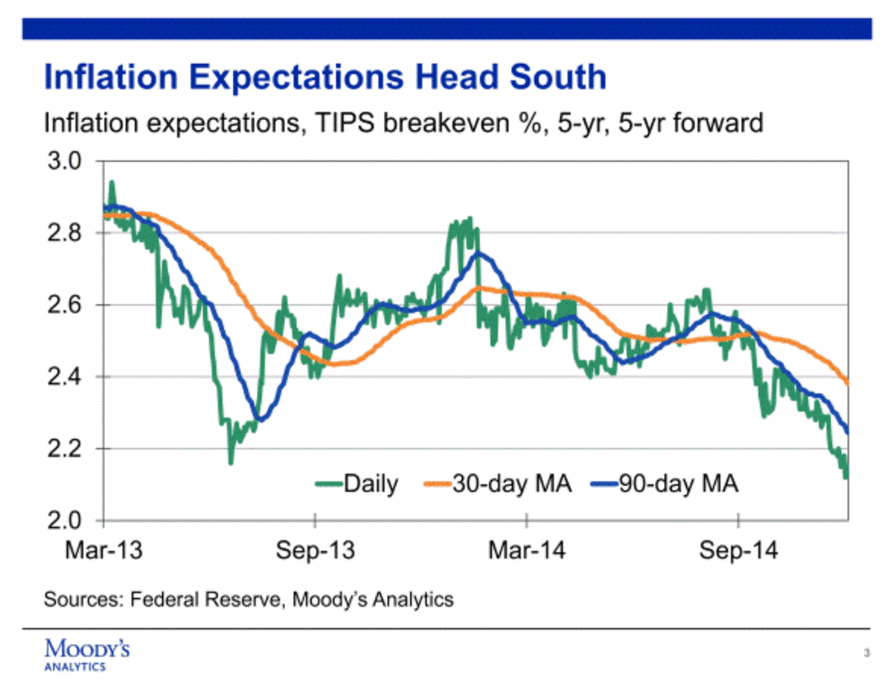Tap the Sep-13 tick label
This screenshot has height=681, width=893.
315,551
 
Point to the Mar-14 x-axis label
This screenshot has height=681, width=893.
526,551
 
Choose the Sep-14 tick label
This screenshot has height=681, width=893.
739,551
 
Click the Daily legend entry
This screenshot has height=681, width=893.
371,485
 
